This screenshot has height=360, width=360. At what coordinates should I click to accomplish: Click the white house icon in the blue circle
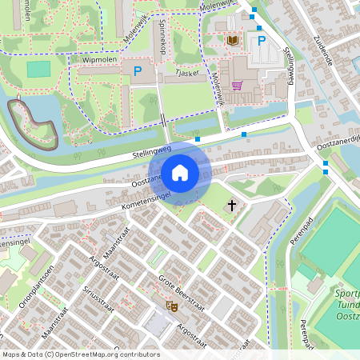[x=180, y=172]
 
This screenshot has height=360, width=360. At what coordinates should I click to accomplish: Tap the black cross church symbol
[x=233, y=206]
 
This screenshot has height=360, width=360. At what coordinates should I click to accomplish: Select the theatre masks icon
[x=170, y=306]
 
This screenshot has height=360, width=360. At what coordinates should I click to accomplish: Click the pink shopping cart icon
[x=236, y=85]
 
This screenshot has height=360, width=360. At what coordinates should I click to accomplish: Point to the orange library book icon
[x=233, y=39]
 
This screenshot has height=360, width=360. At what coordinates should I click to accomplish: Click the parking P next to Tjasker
[x=137, y=71]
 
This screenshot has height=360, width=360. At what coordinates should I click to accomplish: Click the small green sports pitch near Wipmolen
[x=38, y=70]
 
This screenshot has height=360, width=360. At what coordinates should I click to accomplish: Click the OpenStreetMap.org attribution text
[x=114, y=354]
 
